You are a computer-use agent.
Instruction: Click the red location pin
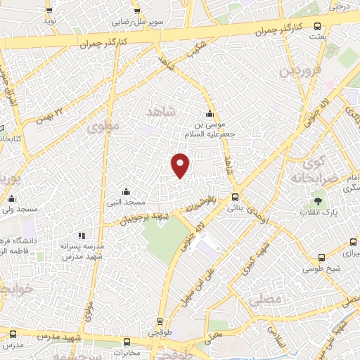(x=181, y=165)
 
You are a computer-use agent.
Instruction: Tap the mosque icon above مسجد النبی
(x=125, y=191)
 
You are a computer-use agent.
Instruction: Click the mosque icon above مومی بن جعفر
(x=209, y=115)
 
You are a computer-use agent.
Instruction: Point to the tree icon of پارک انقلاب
(x=319, y=202)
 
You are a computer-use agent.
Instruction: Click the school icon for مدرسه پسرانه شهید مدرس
(x=82, y=235)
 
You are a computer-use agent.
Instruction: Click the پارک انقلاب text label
(x=319, y=212)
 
